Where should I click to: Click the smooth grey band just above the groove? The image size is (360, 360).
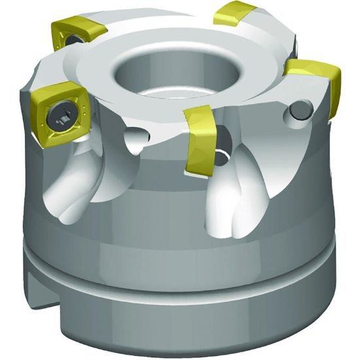pyautogui.click(x=183, y=249)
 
